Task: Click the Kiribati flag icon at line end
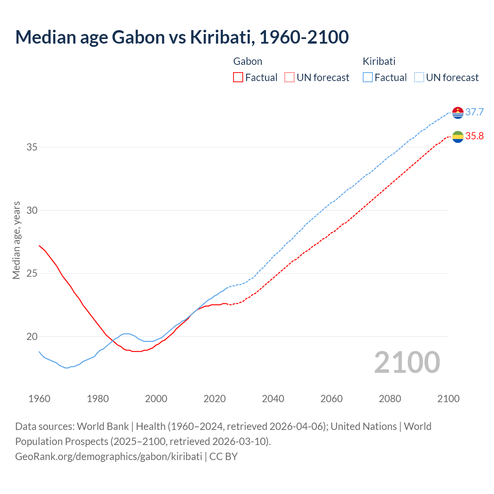(458, 113)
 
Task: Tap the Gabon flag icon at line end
(458, 137)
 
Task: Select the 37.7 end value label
(474, 112)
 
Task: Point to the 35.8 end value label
(474, 136)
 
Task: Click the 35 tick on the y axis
(32, 147)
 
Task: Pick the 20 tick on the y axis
(32, 337)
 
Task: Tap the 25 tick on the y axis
(32, 274)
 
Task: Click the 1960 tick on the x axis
(39, 399)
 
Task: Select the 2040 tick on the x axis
(273, 399)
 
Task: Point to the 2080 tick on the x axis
(390, 399)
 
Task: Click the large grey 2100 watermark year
(407, 362)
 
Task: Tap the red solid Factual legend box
(238, 78)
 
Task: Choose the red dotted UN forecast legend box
(289, 78)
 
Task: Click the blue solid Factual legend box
(368, 78)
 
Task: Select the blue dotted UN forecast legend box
(419, 78)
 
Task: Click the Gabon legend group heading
(248, 61)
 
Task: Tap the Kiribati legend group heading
(379, 61)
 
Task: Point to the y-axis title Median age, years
(16, 240)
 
